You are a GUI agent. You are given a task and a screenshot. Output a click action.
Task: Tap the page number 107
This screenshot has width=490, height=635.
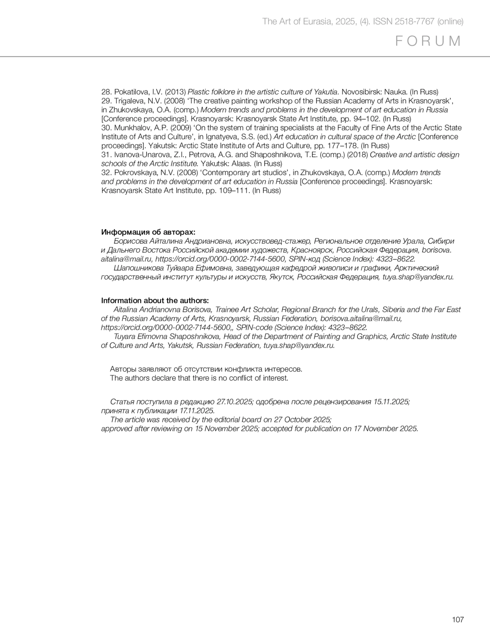(x=458, y=619)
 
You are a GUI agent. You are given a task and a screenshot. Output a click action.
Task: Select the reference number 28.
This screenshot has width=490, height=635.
(x=106, y=92)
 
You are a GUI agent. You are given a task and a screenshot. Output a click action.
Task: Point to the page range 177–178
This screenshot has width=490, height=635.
(x=344, y=146)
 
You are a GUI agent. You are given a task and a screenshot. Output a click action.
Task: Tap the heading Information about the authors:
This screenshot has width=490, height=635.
(x=155, y=301)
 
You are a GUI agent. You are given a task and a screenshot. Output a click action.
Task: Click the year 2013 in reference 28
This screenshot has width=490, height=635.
(x=175, y=92)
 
